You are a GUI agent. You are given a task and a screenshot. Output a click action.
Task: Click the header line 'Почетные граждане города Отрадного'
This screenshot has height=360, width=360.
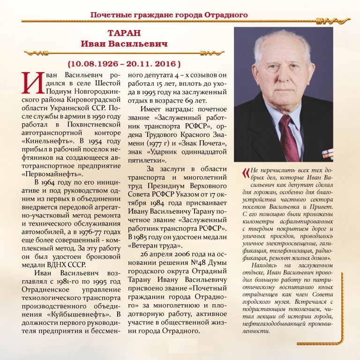click(x=169, y=15)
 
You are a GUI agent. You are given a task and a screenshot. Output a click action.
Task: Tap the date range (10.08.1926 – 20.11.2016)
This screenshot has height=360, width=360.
click(x=124, y=63)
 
